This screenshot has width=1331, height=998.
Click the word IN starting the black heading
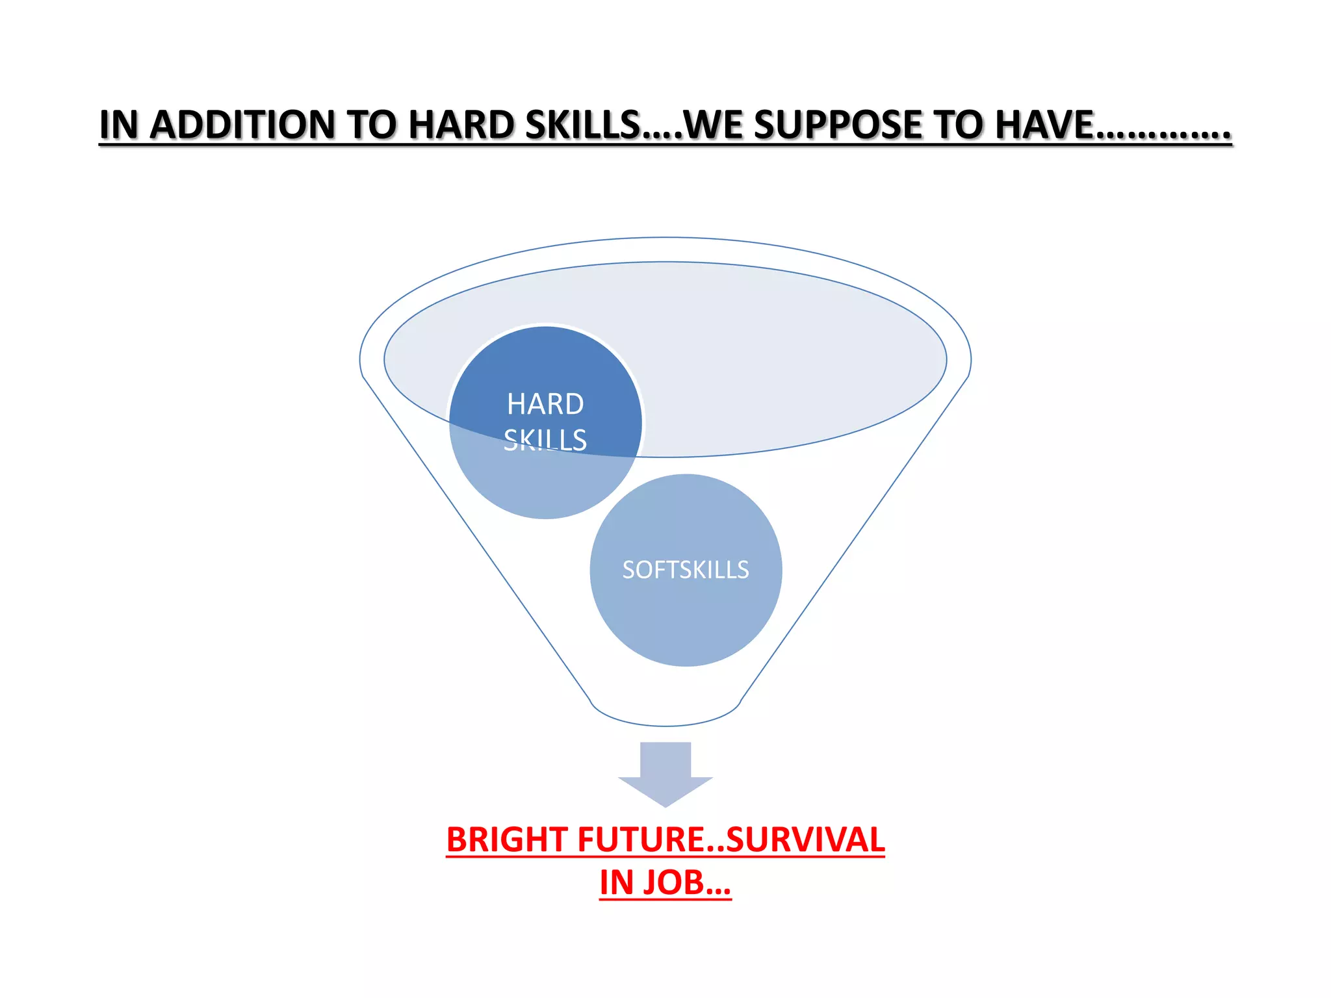click(119, 125)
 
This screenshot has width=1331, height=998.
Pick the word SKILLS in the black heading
click(582, 125)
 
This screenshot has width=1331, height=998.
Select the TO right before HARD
click(372, 125)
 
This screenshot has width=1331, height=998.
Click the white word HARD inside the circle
click(545, 404)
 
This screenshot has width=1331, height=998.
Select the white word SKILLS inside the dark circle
click(545, 440)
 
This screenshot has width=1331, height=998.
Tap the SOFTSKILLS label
click(686, 570)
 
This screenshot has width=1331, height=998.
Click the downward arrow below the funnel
click(665, 773)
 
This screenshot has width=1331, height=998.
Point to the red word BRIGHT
click(506, 839)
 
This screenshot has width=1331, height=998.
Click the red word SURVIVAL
click(805, 839)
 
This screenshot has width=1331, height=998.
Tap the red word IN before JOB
click(615, 882)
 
